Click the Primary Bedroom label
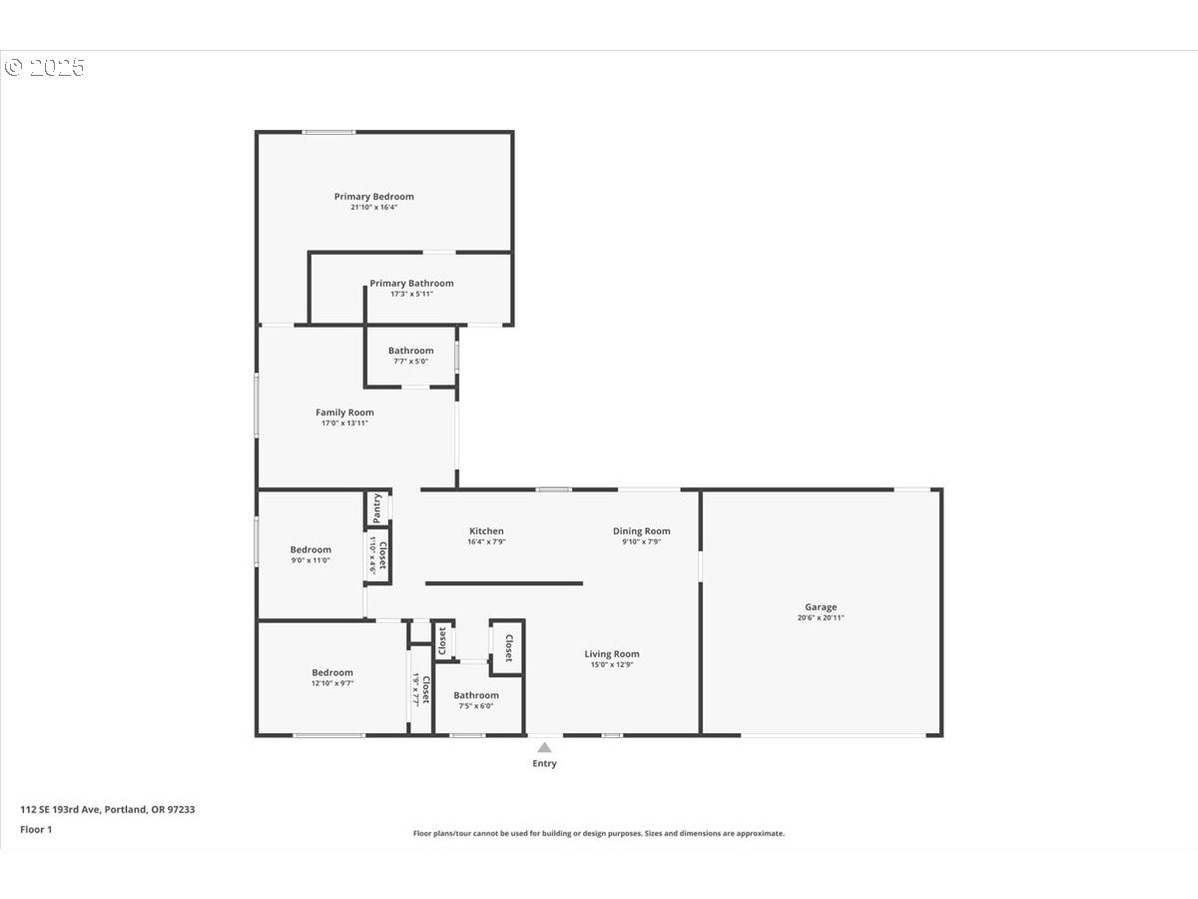point(373,197)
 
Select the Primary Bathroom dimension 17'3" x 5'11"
point(411,295)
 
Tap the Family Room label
point(344,413)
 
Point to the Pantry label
point(377,507)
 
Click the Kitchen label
point(486,531)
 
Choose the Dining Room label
point(641,531)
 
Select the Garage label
point(821,607)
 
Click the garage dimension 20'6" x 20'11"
point(821,618)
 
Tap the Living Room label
point(612,654)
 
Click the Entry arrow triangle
point(544,747)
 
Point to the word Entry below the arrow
point(544,764)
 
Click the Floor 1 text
point(36,829)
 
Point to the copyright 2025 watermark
point(45,68)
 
